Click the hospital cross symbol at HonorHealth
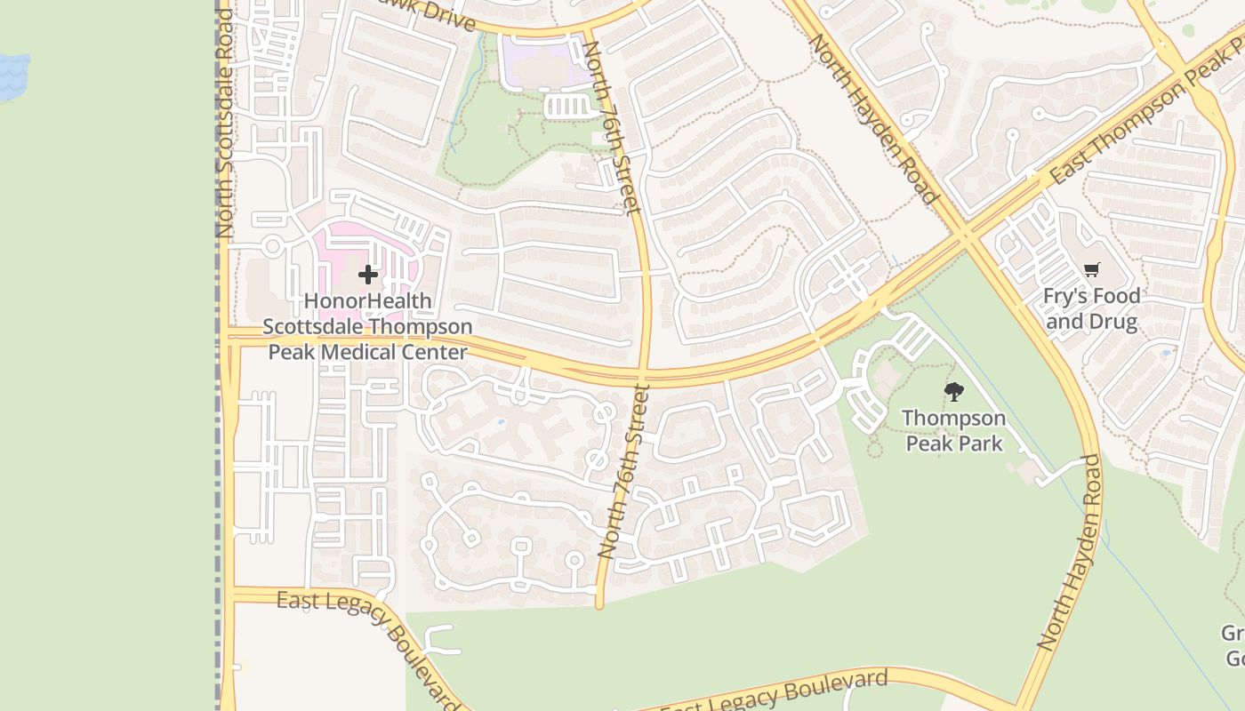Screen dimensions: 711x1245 pos(368,275)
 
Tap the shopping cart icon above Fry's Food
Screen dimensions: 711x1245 pos(1092,269)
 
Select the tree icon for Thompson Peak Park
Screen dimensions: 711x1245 pos(954,391)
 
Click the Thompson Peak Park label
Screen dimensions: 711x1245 pos(954,430)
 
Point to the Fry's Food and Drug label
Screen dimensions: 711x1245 pos(1092,308)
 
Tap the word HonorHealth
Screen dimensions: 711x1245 pos(368,301)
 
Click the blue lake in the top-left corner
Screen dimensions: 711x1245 pos(12,75)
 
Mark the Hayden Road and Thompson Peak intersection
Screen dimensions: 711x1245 pos(967,236)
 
